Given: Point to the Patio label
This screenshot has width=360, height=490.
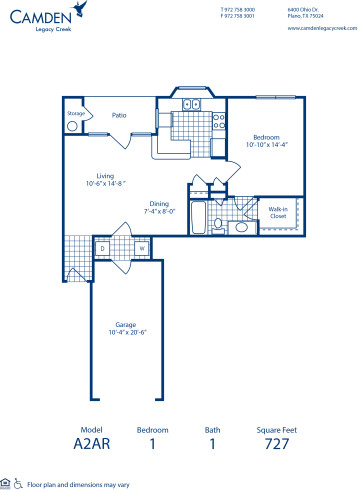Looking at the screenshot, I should click(x=118, y=115).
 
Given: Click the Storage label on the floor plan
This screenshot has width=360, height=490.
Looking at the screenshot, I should click(x=75, y=114).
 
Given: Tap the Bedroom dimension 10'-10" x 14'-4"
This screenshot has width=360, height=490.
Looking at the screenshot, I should click(x=265, y=146).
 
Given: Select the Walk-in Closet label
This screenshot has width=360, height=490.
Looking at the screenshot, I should click(x=279, y=184).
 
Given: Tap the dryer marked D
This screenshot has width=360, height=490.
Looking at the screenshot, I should click(x=102, y=247).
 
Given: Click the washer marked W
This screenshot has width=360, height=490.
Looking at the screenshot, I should click(x=141, y=247).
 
